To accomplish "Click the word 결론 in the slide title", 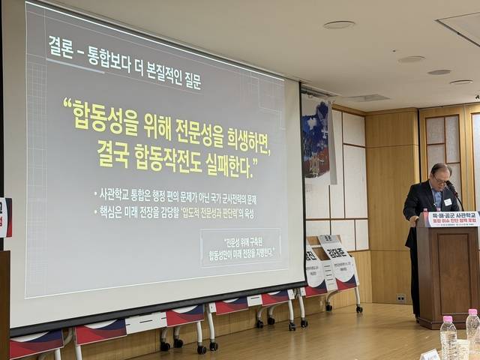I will [x=64, y=46].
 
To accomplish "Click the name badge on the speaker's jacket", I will [x=447, y=202].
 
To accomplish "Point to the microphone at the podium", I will [x=454, y=196].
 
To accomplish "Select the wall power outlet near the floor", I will [x=400, y=298].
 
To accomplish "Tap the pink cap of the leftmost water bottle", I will [x=448, y=319].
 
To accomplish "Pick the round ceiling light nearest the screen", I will [x=339, y=25].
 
